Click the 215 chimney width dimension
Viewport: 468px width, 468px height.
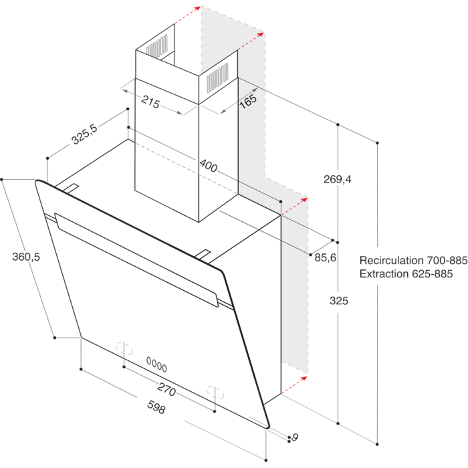click(150, 102)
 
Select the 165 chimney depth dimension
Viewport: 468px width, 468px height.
click(248, 101)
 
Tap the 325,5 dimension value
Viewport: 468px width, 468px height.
click(84, 134)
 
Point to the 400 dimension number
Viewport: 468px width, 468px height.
click(209, 166)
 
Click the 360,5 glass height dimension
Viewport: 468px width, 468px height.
click(26, 257)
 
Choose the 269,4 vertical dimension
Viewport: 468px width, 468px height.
click(338, 179)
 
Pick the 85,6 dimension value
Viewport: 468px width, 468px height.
click(326, 257)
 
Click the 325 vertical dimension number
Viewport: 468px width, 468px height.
click(339, 301)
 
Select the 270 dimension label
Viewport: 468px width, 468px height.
click(166, 389)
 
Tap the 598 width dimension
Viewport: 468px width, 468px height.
click(156, 406)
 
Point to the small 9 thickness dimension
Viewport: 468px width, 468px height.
click(295, 437)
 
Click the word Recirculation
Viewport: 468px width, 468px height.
click(391, 260)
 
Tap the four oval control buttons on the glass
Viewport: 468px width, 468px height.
click(156, 364)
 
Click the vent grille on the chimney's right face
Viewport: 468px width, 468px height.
click(217, 77)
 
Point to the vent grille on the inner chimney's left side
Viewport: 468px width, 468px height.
click(156, 45)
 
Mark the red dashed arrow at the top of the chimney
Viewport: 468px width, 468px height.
click(187, 15)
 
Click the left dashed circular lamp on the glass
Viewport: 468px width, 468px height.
click(124, 348)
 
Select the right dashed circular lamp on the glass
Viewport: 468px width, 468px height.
click(215, 392)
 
